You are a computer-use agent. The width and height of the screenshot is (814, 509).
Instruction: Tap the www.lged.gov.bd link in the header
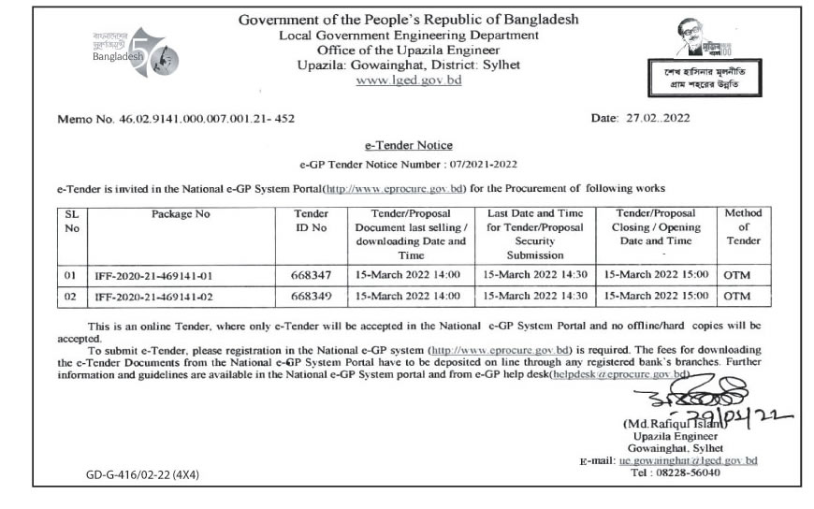(408, 80)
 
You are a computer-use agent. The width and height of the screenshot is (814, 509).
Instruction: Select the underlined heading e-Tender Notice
(407, 145)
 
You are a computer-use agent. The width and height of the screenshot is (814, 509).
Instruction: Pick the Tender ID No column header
(311, 220)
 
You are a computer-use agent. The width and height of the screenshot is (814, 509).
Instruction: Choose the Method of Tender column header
(744, 226)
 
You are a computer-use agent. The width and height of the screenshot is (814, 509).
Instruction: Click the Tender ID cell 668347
(311, 275)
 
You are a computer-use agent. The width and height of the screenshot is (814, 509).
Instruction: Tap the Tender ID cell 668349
(311, 297)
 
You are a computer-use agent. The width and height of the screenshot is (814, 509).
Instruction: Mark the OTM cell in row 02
(737, 297)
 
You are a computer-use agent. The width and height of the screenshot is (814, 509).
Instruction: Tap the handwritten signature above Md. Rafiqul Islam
(676, 393)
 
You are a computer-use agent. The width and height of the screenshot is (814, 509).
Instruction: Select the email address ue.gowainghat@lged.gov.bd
(687, 460)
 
